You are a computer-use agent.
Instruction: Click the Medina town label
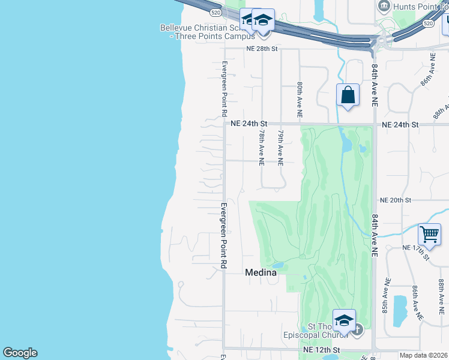(261, 272)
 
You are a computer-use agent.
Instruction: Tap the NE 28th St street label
(262, 49)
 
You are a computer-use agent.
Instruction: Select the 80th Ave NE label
(299, 100)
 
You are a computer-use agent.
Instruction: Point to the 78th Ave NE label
(262, 148)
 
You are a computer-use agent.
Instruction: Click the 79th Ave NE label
(280, 148)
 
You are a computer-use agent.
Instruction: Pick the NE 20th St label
(395, 200)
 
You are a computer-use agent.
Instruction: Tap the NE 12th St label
(322, 349)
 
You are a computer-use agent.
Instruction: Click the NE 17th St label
(415, 251)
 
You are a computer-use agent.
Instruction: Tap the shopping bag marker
(348, 95)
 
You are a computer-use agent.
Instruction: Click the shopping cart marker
(429, 235)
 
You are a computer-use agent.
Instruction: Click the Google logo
(20, 353)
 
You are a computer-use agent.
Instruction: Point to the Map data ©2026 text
(424, 355)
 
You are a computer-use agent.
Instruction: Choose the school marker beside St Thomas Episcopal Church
(344, 321)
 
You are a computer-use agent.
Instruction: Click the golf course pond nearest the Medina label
(277, 265)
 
